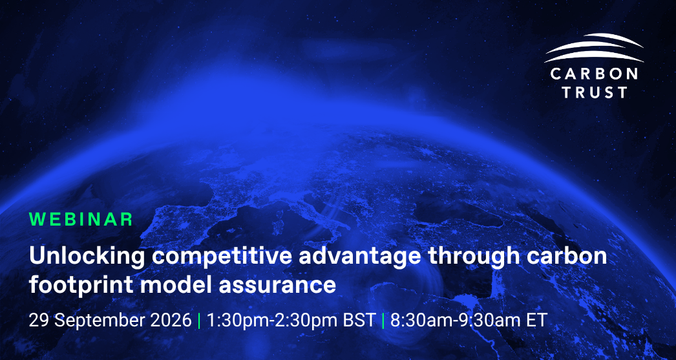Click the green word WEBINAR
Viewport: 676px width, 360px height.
point(81,220)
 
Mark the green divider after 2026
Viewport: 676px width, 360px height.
point(199,321)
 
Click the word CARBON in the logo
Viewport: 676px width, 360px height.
point(594,74)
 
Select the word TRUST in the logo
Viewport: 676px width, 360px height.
point(594,92)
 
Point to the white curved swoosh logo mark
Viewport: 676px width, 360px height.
point(594,47)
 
